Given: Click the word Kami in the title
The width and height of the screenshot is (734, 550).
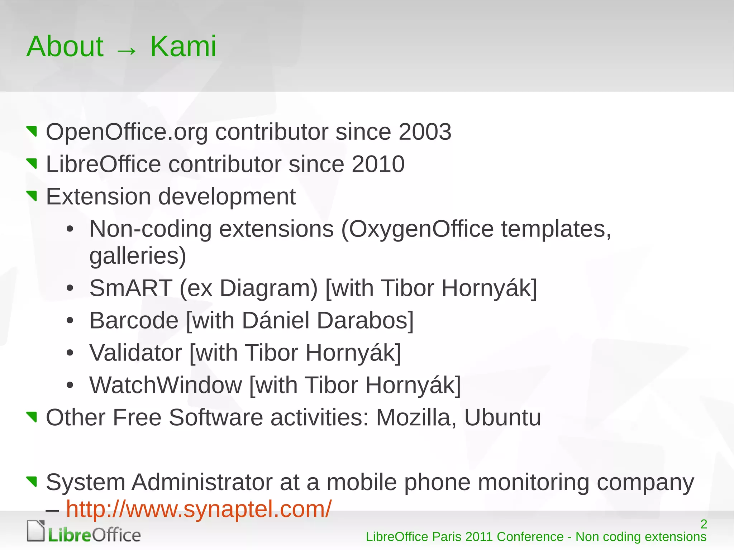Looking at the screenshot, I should (x=183, y=47).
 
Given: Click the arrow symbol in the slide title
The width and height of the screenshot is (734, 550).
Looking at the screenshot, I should (x=127, y=51).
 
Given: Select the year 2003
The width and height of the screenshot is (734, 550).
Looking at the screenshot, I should (x=425, y=132).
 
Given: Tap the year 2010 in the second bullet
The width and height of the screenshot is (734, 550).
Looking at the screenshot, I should (x=378, y=164).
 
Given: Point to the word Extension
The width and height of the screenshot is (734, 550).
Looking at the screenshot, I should (x=99, y=197).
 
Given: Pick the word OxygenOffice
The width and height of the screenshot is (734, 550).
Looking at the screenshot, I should (x=421, y=229).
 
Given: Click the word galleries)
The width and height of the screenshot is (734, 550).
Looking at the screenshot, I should (x=138, y=256).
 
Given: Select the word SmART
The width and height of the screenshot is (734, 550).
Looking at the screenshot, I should (x=131, y=288).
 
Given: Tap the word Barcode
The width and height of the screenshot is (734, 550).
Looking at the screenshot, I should (x=134, y=320).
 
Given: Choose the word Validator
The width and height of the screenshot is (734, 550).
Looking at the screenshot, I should (x=136, y=353).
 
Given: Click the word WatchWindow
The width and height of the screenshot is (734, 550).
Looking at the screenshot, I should (x=166, y=385).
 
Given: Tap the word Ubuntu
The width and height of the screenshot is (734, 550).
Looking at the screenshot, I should (x=502, y=418).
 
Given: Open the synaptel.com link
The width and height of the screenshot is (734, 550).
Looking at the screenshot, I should (x=199, y=509).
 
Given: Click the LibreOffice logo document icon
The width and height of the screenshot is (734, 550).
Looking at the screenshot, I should (x=36, y=531).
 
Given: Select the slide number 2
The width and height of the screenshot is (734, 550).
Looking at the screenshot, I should (x=704, y=524).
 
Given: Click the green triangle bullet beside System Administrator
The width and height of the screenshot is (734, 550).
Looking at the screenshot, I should (x=32, y=481).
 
